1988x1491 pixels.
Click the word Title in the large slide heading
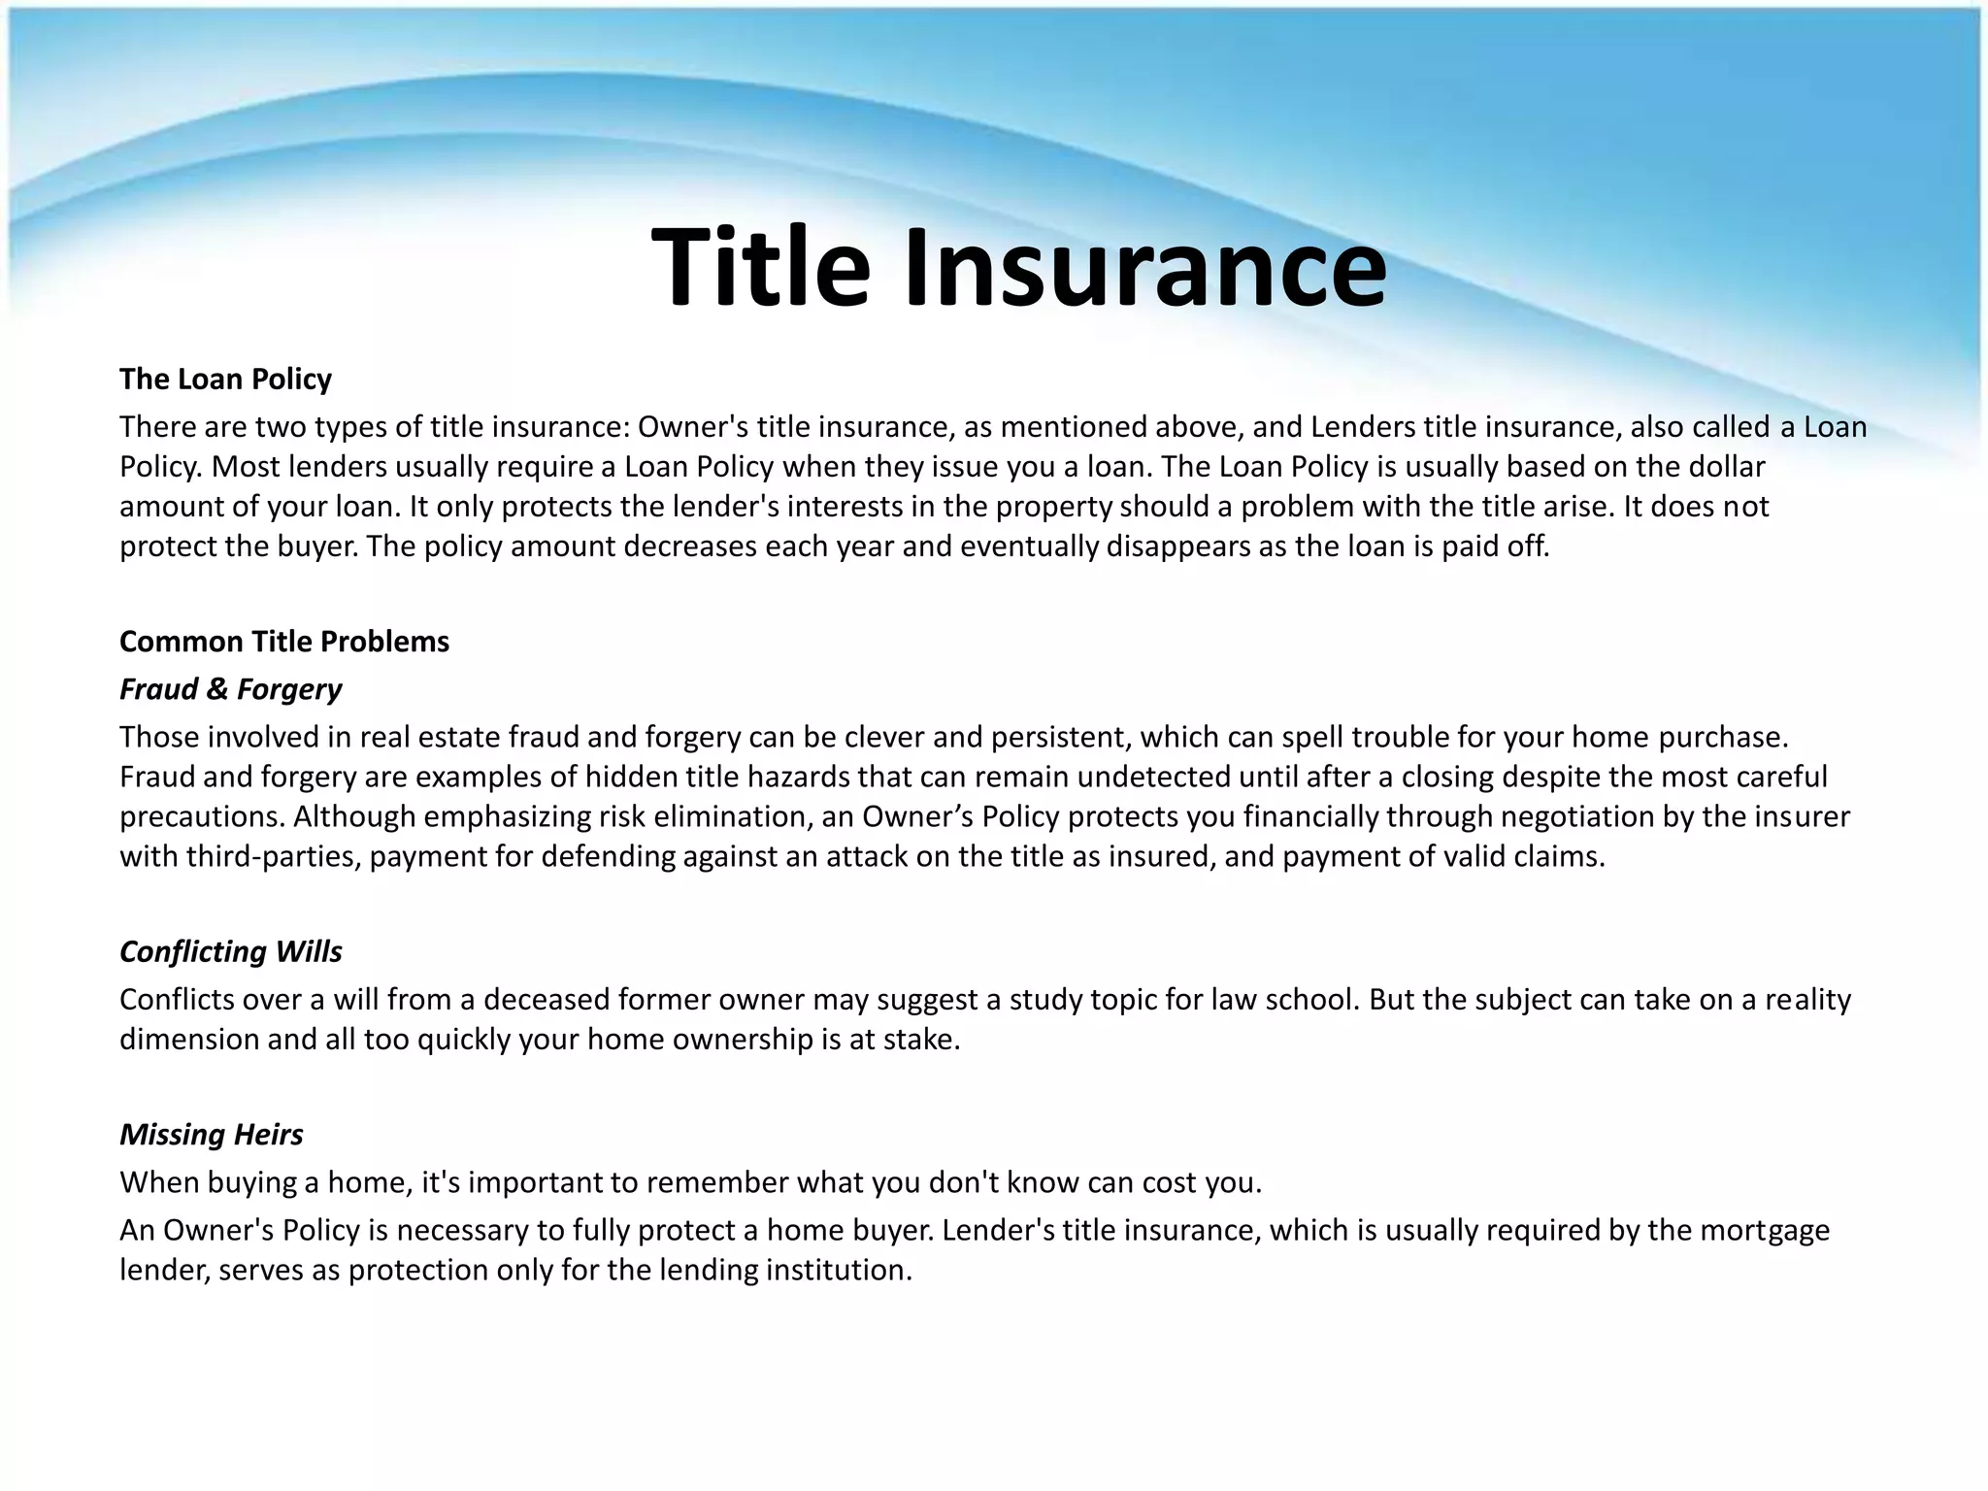761,267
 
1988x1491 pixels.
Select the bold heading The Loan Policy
225,379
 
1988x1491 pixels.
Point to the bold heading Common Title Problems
284,642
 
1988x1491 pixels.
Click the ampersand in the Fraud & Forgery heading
217,689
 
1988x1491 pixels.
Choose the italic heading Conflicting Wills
231,951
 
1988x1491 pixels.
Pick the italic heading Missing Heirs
212,1135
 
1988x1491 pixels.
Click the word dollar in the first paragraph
1719,467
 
